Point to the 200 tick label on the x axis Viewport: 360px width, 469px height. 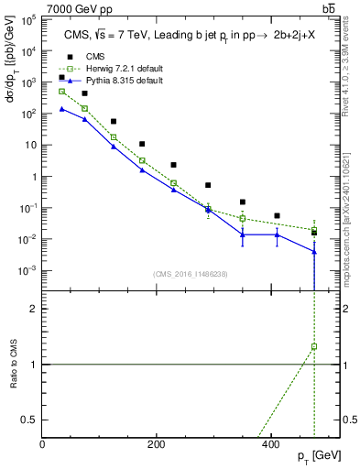[157, 445]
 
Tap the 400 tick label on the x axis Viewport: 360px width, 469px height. [270, 445]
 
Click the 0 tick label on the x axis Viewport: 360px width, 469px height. [43, 445]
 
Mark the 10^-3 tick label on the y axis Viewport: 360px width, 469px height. [28, 271]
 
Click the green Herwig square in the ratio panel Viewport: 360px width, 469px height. [314, 347]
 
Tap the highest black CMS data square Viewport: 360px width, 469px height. [62, 78]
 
